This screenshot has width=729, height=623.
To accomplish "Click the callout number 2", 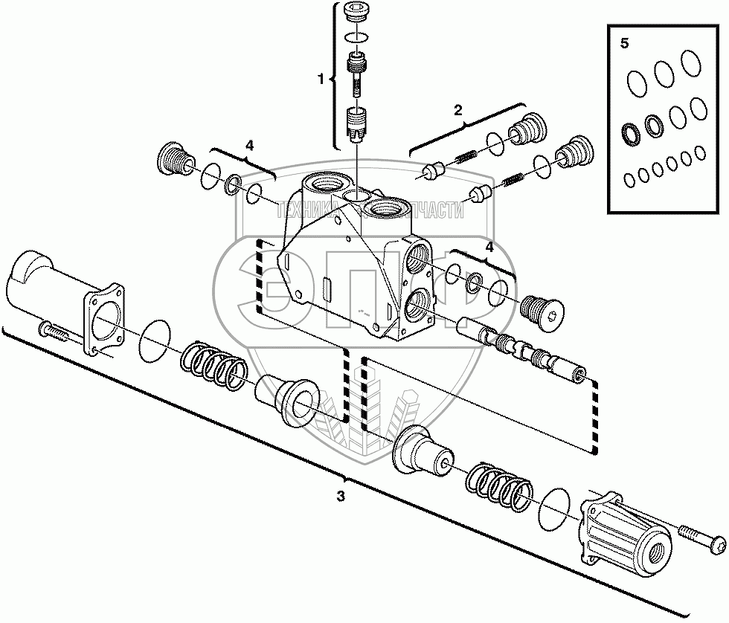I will point(458,109).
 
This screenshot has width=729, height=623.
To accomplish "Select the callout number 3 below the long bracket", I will point(341,495).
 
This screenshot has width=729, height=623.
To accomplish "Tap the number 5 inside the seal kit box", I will point(624,43).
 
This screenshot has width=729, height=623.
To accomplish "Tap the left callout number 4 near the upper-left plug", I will point(250,145).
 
